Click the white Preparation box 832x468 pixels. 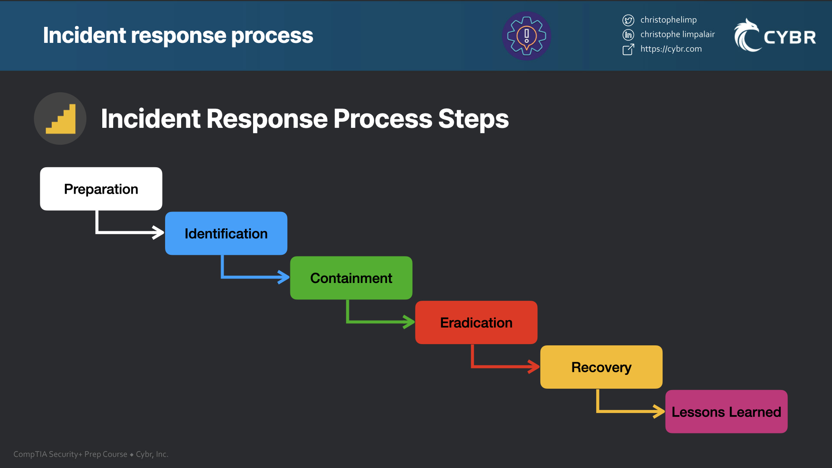pos(101,189)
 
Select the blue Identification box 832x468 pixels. pos(226,234)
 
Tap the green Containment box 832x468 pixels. pos(351,278)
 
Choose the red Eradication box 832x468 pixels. pos(476,322)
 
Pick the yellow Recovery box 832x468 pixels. pos(601,367)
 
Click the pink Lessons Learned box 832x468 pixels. pos(726,412)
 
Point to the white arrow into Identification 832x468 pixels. pos(130,232)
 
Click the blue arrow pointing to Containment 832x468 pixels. pos(256,276)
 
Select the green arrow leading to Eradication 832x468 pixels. pos(380,322)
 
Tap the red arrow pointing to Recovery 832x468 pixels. pos(506,366)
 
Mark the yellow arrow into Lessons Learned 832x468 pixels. pos(630,411)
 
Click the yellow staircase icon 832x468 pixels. pos(60,119)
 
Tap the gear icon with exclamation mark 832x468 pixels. pos(526,36)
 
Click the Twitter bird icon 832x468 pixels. pos(628,20)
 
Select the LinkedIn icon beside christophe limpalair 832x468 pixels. pos(628,35)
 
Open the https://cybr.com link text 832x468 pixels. pos(671,49)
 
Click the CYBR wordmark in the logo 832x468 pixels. pos(790,38)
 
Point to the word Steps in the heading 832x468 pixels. pos(473,119)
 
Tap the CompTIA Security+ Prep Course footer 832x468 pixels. pos(70,454)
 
